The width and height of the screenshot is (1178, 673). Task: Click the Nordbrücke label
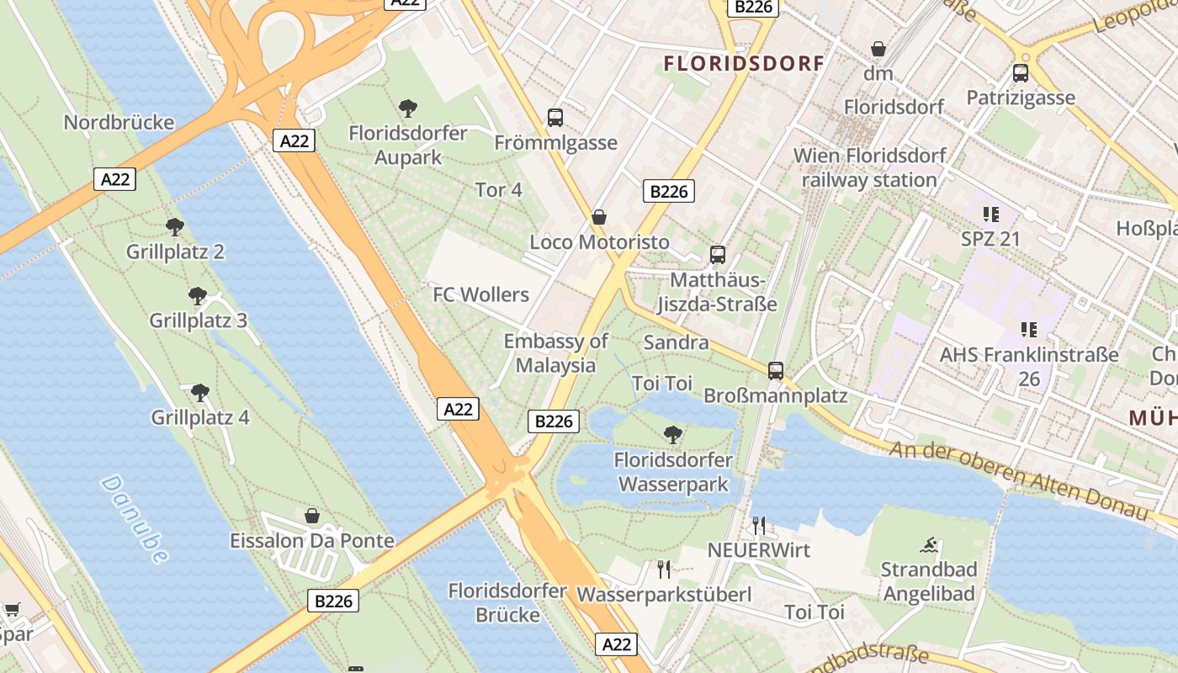point(119,123)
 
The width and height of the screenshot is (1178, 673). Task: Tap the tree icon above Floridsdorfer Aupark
point(408,109)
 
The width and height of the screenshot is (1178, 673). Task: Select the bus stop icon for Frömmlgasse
point(555,118)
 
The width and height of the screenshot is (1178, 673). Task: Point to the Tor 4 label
point(499,190)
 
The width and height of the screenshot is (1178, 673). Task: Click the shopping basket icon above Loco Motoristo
point(599,218)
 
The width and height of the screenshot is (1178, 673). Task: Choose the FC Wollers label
point(480,294)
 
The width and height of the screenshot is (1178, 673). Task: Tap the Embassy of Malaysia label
point(555,353)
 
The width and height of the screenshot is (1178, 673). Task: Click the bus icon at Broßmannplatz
point(776,370)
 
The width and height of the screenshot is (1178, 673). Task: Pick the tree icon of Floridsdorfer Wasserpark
point(672,435)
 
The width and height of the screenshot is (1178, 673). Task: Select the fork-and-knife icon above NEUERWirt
point(759,526)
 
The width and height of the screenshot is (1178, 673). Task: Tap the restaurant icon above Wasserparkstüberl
point(664,570)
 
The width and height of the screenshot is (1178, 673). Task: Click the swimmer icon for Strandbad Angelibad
point(929,545)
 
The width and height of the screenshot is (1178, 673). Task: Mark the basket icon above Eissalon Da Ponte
point(312,516)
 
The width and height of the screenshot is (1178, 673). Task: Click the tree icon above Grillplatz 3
point(198,296)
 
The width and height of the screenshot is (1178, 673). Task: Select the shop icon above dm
point(878,49)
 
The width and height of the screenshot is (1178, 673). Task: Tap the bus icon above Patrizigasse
point(1021,73)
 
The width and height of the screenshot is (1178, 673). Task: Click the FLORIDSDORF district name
point(744,64)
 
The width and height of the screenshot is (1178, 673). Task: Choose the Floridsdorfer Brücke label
point(507,602)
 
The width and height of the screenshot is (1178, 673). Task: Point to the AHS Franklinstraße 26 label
point(1029,367)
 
